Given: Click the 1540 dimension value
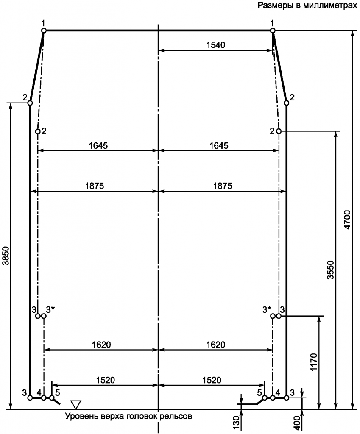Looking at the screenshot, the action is tap(216, 45).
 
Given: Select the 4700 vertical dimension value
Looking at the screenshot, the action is tap(347, 220).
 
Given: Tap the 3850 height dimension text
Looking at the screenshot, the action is tap(6, 256).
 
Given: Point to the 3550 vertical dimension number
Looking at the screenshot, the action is tap(331, 270).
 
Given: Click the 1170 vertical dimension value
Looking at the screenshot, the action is tap(314, 362).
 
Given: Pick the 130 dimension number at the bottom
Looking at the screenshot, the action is tap(236, 423).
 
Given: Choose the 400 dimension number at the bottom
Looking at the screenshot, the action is tap(297, 423).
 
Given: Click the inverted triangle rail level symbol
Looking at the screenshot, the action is tap(75, 404).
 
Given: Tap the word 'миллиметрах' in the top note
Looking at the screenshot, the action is tap(330, 5).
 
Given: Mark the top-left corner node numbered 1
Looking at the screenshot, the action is tap(44, 31).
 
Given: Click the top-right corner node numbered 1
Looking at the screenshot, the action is tap(273, 31).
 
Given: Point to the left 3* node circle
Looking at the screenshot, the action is tap(44, 316).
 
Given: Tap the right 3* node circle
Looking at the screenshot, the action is tap(273, 316).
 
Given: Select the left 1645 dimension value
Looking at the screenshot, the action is tap(98, 145).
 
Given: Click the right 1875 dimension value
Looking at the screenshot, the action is tap(223, 186).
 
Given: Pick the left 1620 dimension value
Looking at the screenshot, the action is tap(101, 345).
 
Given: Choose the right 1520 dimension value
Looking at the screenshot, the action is tap(212, 380).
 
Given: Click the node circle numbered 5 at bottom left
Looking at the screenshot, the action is tap(52, 398).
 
